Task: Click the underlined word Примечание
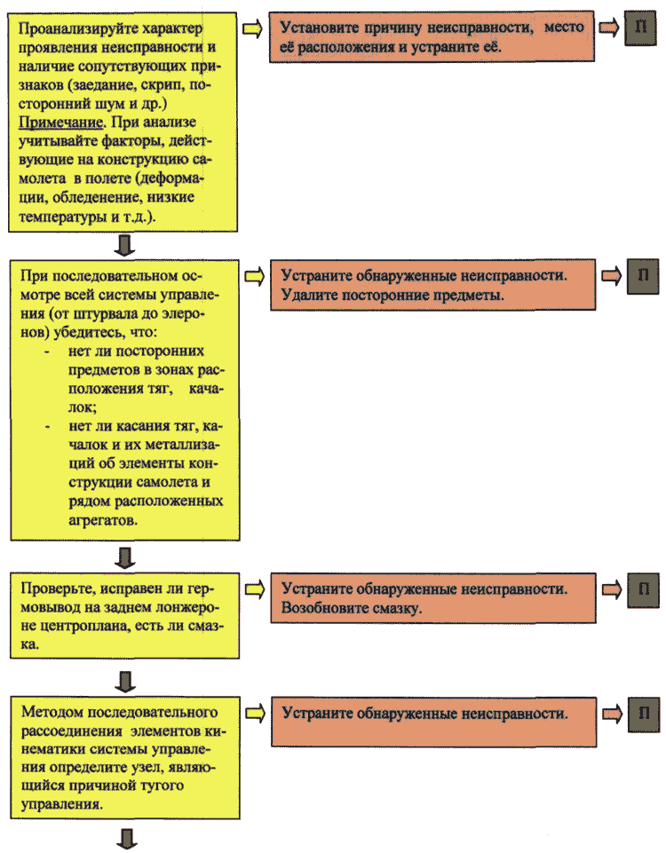tap(60, 122)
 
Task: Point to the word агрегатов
tap(103, 521)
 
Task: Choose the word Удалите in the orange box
tap(308, 295)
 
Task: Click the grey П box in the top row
tap(640, 28)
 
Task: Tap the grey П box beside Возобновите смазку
tap(644, 589)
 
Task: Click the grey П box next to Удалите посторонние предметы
tap(643, 276)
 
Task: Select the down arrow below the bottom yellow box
tap(127, 838)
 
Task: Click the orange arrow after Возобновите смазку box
tap(611, 589)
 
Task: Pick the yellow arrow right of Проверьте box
tap(255, 589)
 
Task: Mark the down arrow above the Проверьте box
tap(126, 557)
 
